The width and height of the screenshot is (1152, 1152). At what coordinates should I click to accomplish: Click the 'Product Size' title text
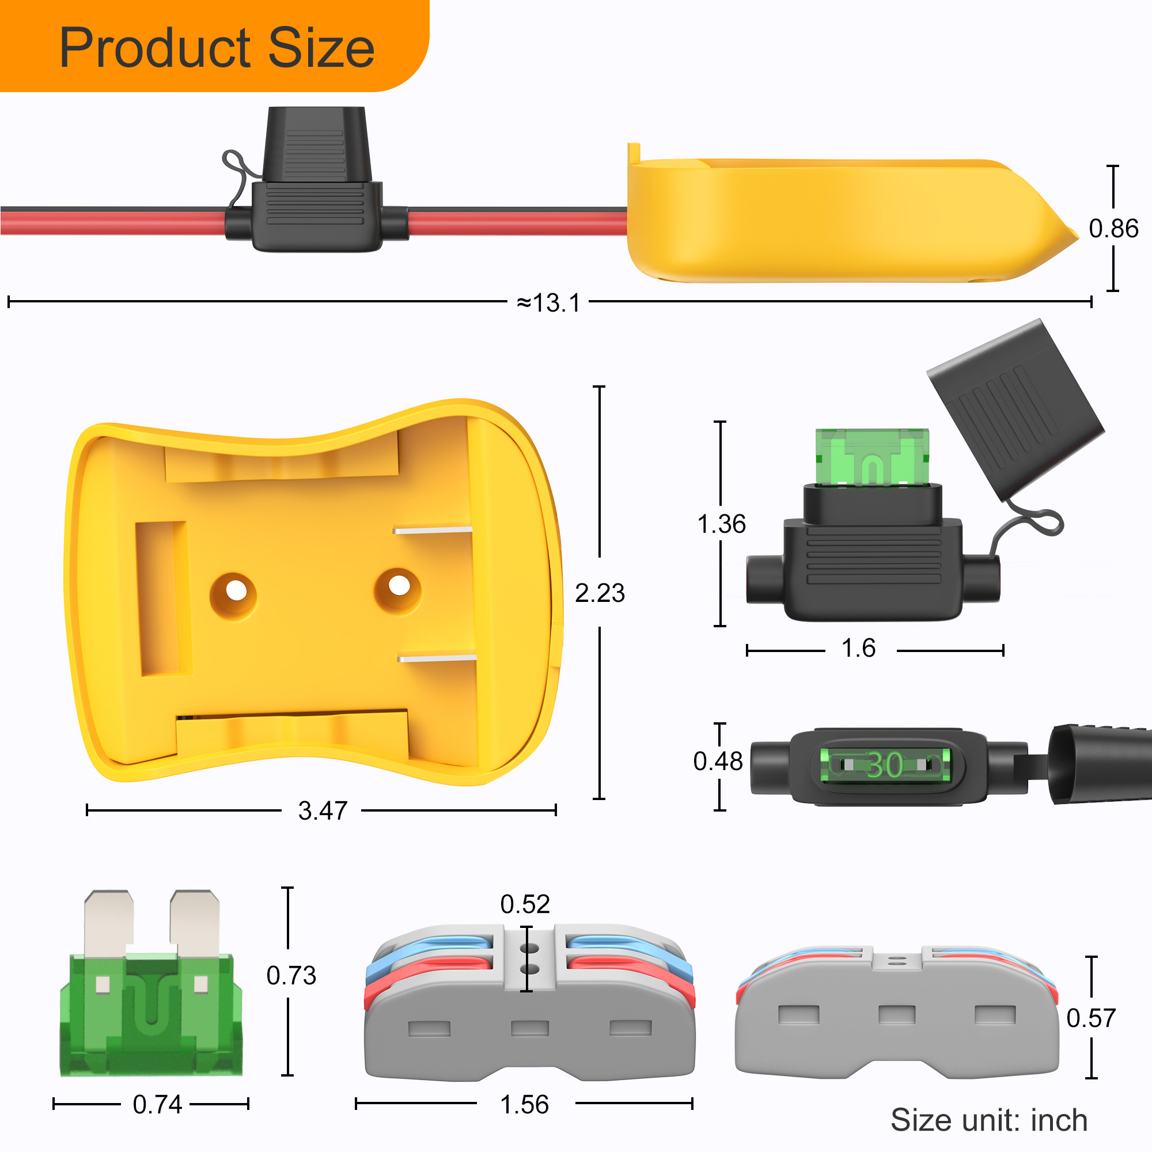(x=217, y=48)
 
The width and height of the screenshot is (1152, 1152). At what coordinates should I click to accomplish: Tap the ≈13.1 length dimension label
(x=548, y=303)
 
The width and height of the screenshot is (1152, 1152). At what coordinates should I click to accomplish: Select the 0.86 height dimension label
(x=1113, y=228)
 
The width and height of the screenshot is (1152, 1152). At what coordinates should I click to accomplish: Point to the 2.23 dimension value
(x=599, y=593)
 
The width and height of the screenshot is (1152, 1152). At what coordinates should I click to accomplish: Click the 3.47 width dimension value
(x=323, y=810)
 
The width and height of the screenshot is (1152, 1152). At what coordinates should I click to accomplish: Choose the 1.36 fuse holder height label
(x=721, y=524)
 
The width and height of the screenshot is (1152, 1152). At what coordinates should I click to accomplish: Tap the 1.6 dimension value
(x=858, y=648)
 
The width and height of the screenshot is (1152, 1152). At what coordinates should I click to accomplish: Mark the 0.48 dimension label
(x=717, y=761)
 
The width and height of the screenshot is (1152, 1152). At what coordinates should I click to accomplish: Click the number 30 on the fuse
(x=884, y=764)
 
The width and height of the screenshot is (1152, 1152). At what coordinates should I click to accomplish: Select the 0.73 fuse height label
(x=291, y=975)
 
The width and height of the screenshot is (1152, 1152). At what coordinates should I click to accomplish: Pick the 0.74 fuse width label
(x=157, y=1104)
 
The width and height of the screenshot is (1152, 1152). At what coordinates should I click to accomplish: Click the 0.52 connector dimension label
(x=525, y=904)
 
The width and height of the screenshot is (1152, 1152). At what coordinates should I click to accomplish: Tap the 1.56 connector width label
(x=524, y=1104)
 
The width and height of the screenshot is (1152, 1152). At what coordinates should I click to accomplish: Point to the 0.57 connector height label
(x=1090, y=1017)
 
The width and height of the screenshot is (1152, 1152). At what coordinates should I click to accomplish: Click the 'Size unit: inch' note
(x=988, y=1120)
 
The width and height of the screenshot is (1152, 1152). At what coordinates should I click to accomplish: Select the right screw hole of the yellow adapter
(x=399, y=586)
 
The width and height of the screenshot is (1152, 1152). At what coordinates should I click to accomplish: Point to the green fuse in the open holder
(x=871, y=457)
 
